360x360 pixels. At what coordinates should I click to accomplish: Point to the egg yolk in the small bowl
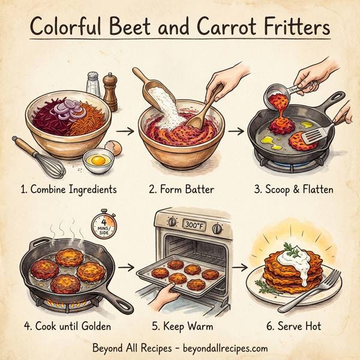pyautogui.click(x=98, y=160)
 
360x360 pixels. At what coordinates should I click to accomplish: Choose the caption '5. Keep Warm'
pyautogui.click(x=183, y=326)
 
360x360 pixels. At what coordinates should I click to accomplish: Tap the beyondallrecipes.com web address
pyautogui.click(x=225, y=348)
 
